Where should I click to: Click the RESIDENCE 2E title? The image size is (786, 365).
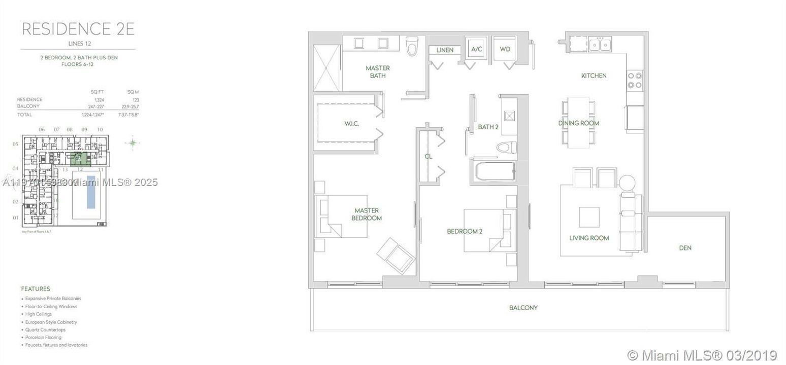pos(78,28)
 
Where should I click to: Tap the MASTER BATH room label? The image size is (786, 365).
pos(378,71)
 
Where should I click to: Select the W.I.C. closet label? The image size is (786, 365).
pos(351,124)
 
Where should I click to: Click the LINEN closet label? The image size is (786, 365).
pos(445,50)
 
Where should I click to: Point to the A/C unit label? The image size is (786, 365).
pos(477,49)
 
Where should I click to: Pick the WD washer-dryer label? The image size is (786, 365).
pos(505,49)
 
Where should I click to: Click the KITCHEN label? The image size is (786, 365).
pos(594,76)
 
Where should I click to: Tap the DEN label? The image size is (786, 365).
pos(685,248)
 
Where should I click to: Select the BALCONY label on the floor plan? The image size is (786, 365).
pos(523,308)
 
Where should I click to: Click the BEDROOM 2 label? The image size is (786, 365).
pos(464,231)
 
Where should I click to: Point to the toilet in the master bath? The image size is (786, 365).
pos(411,46)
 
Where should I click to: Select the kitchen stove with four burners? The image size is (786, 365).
pos(635,81)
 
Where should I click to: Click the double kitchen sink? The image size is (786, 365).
pos(600,45)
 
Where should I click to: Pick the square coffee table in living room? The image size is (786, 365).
pos(589,217)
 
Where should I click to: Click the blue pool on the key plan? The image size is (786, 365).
pos(91,192)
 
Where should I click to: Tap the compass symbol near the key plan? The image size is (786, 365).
pos(133,143)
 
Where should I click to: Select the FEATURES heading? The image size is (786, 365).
pos(36,288)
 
